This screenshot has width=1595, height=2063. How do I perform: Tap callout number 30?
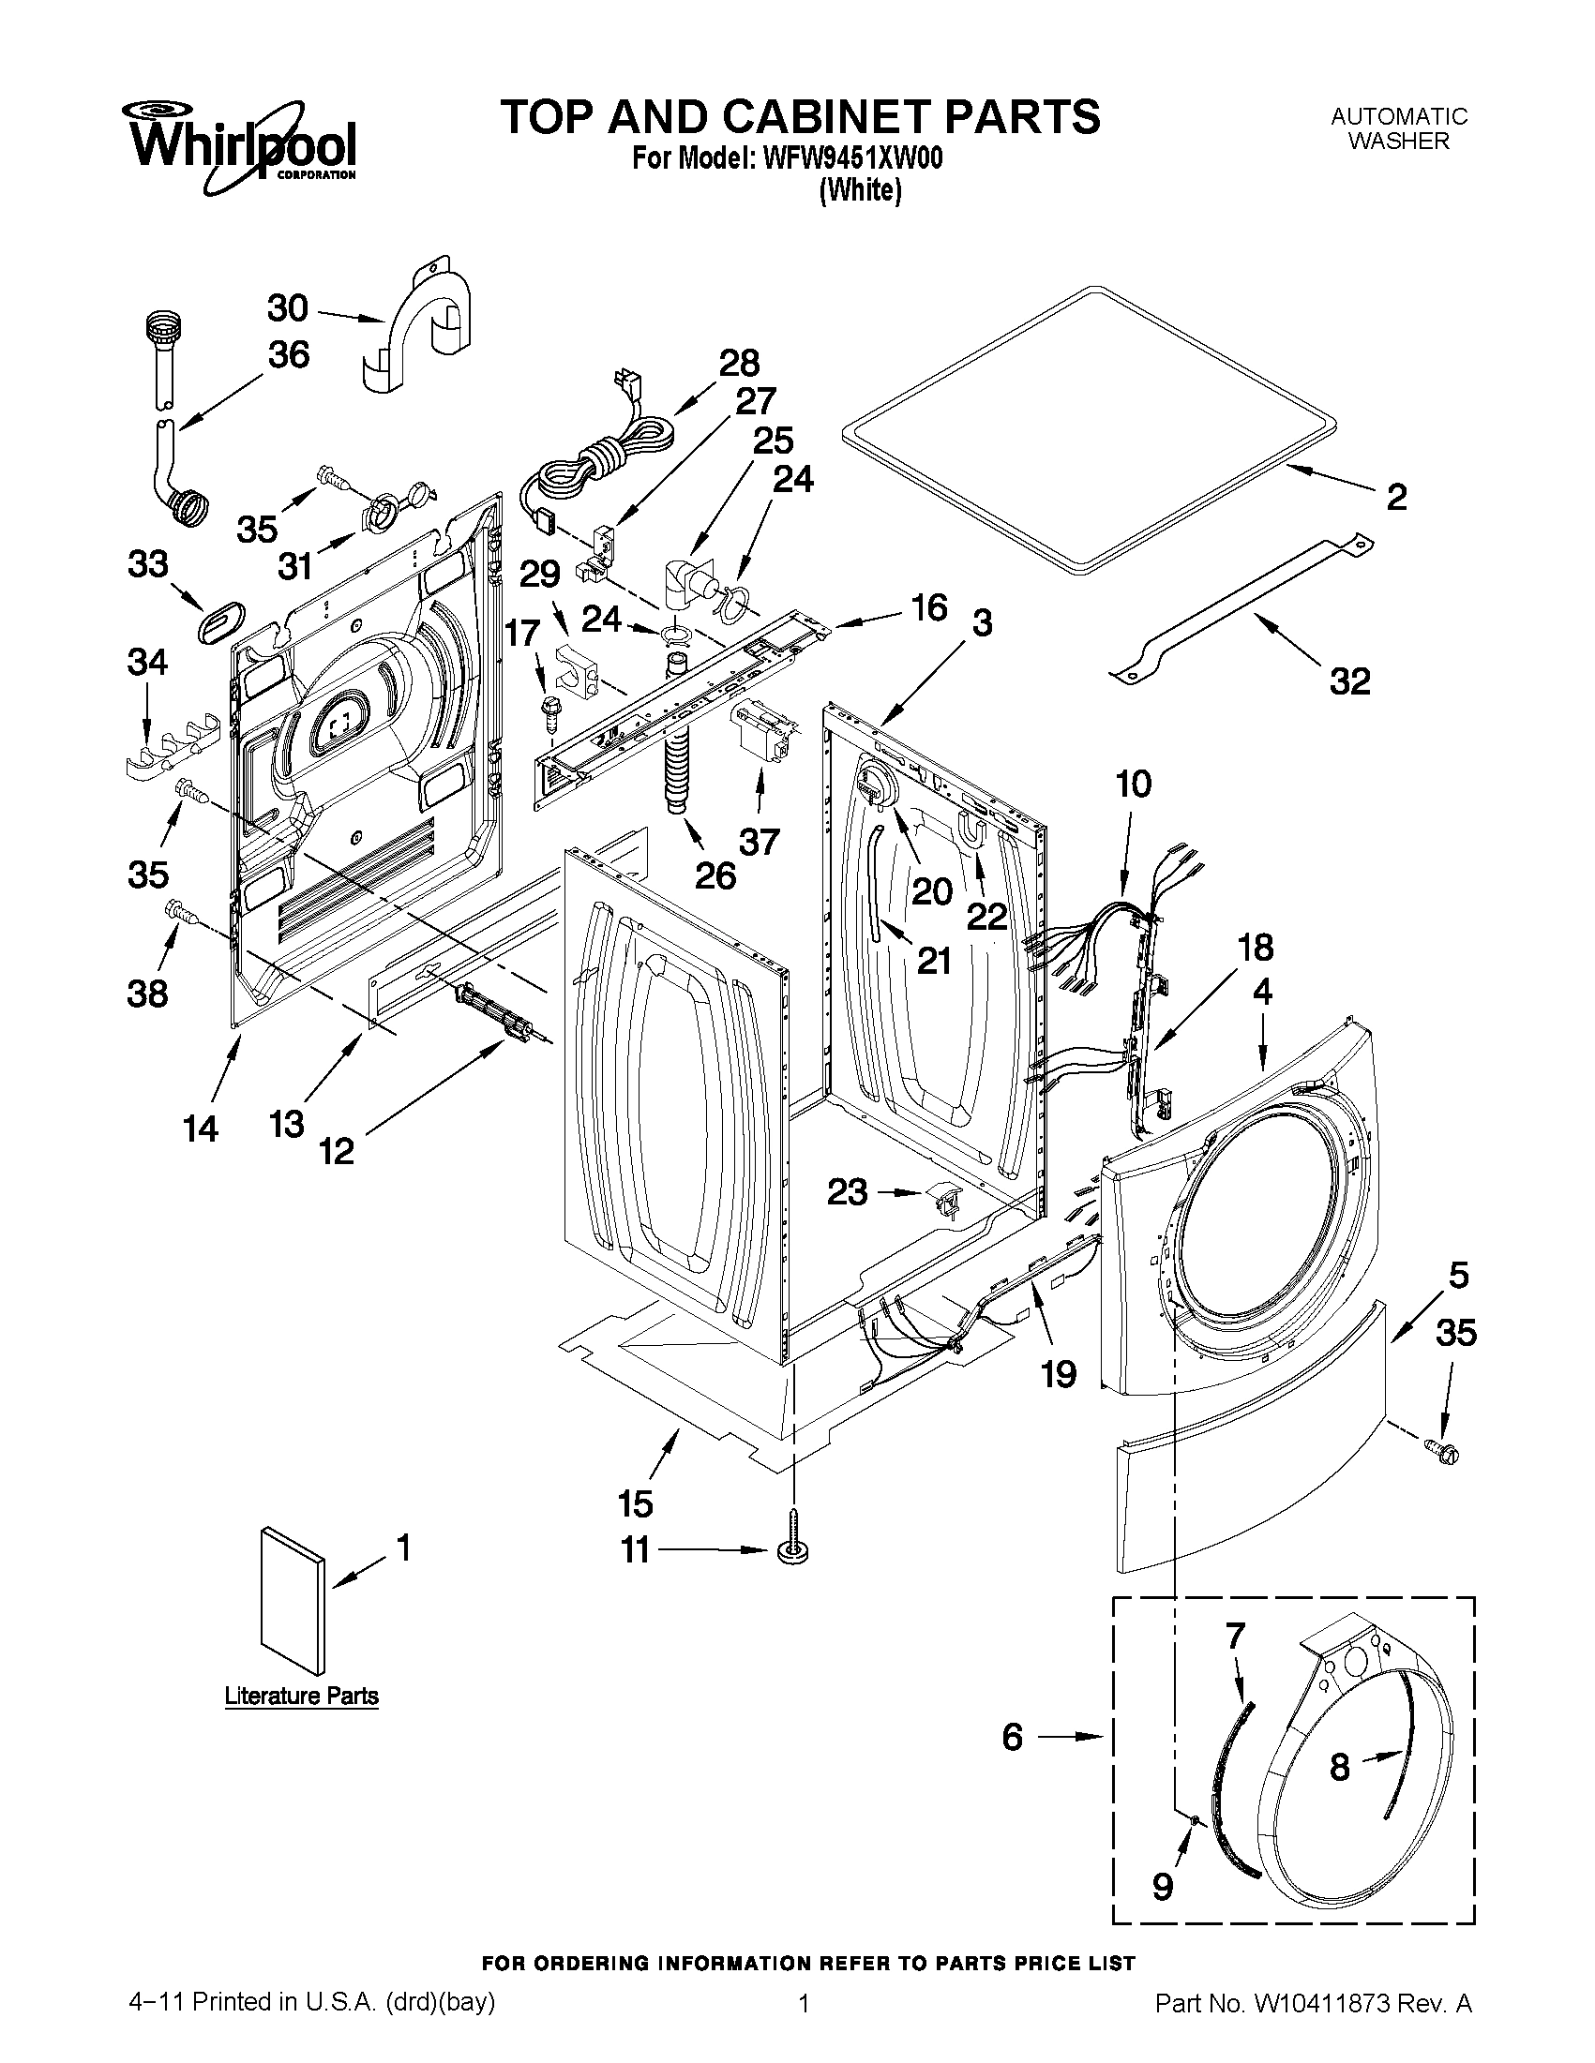[x=286, y=308]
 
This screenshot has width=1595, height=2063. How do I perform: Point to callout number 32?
[x=1349, y=680]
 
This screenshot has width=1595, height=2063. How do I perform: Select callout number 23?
[x=847, y=1192]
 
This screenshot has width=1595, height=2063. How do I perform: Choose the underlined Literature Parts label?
[x=301, y=1696]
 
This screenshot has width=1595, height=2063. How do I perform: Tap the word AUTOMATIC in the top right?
[x=1398, y=116]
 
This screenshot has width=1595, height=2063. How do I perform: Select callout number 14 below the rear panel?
[x=201, y=1128]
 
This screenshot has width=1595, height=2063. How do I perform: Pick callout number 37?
[x=760, y=841]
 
